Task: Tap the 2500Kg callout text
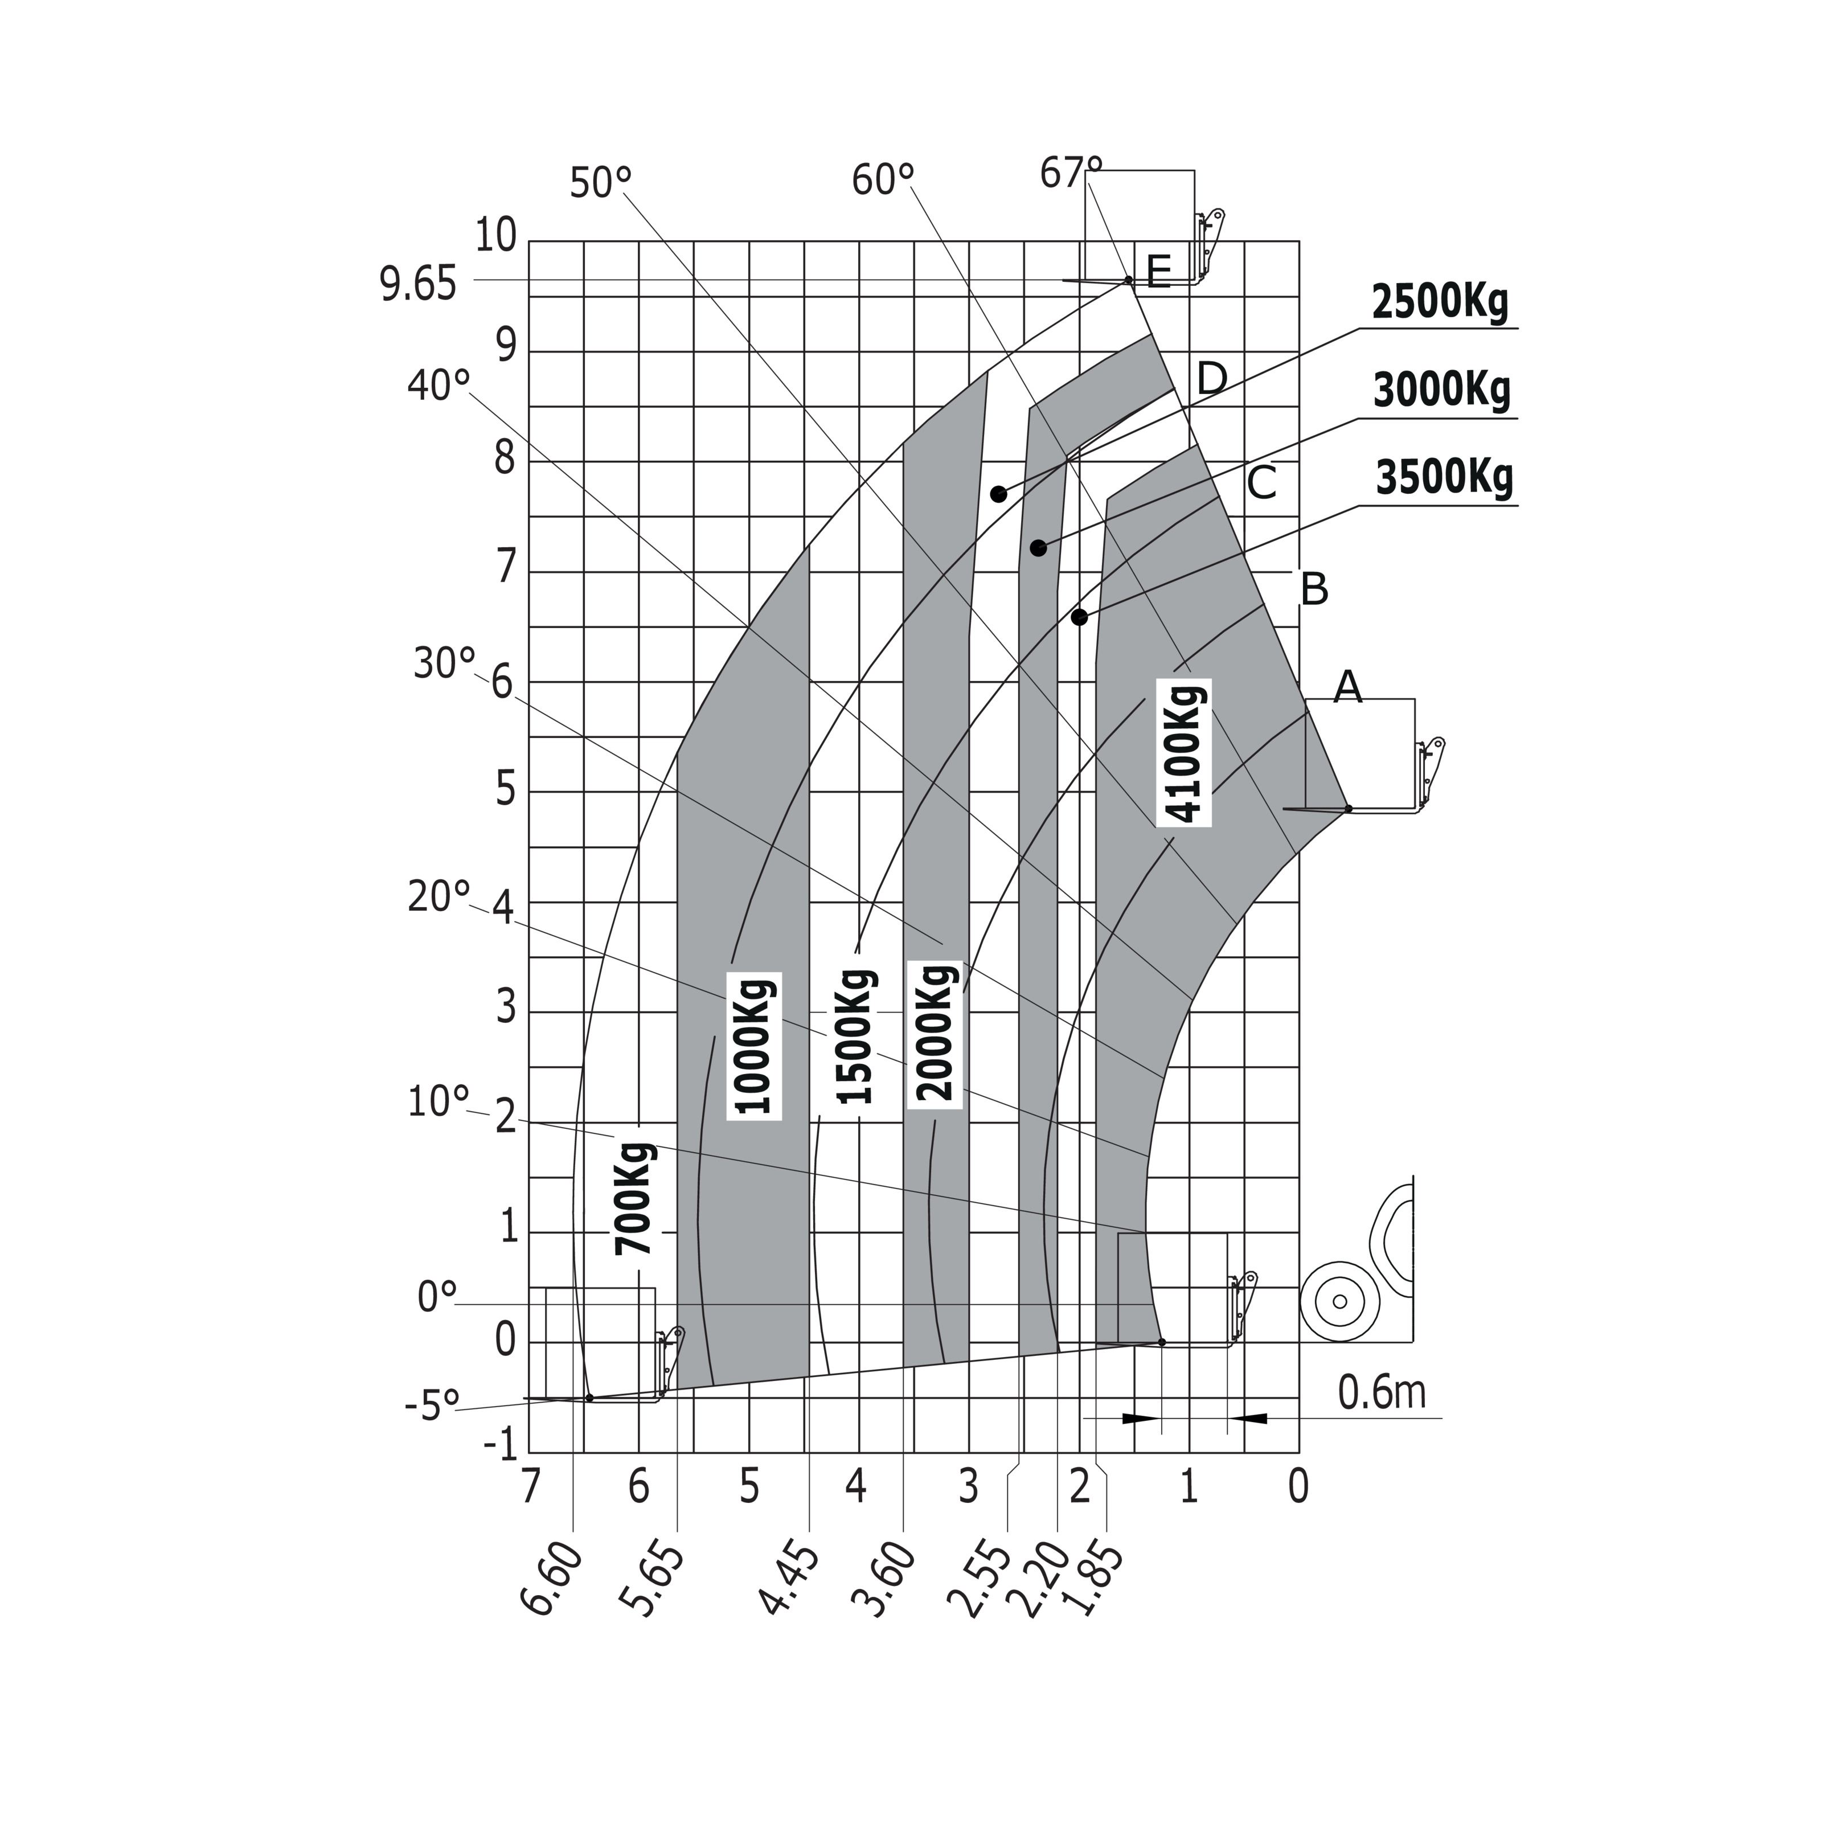click(x=1440, y=303)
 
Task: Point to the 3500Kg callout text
click(x=1444, y=478)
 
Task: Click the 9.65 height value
click(x=419, y=286)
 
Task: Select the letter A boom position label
click(x=1347, y=687)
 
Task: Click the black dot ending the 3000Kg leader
click(x=1038, y=548)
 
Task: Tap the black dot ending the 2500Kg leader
click(x=998, y=493)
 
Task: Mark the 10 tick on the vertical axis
click(x=495, y=235)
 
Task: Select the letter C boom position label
click(x=1261, y=484)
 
